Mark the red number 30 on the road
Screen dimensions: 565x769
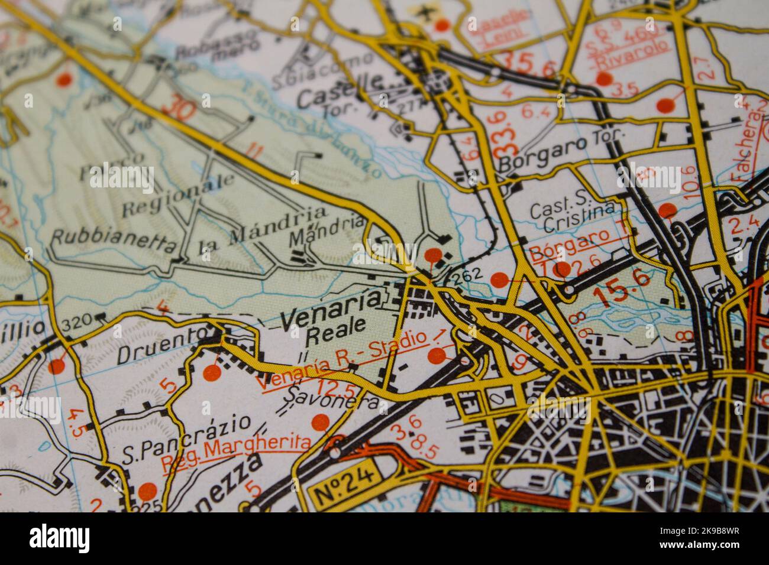pyautogui.click(x=179, y=108)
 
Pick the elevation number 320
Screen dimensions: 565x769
pyautogui.click(x=77, y=321)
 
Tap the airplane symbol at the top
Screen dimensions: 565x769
pyautogui.click(x=424, y=12)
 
